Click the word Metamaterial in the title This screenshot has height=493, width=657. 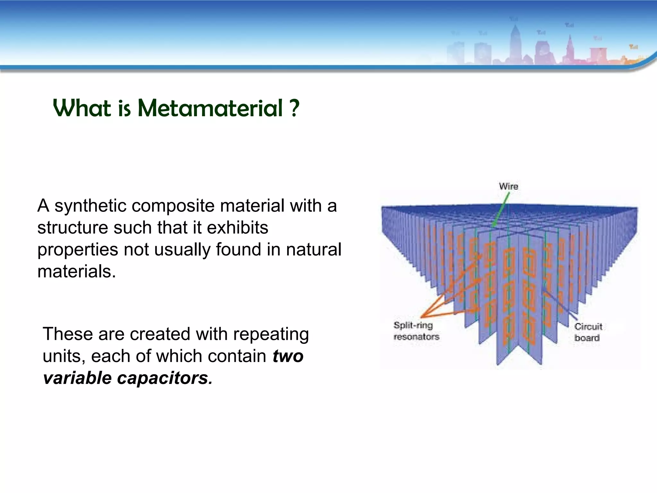tap(210, 108)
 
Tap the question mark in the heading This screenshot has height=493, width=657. tap(294, 108)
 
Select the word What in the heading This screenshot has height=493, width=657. tap(82, 108)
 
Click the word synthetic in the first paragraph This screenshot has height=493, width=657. tap(90, 206)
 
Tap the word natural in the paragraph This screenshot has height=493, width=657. tap(313, 250)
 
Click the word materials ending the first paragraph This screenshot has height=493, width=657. tap(76, 272)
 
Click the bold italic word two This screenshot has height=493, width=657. tap(288, 356)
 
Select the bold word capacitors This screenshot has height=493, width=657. tap(165, 378)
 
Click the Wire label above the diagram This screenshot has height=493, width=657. tap(508, 186)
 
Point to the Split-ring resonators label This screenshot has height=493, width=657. tap(416, 331)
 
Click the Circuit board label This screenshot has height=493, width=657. tap(588, 332)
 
